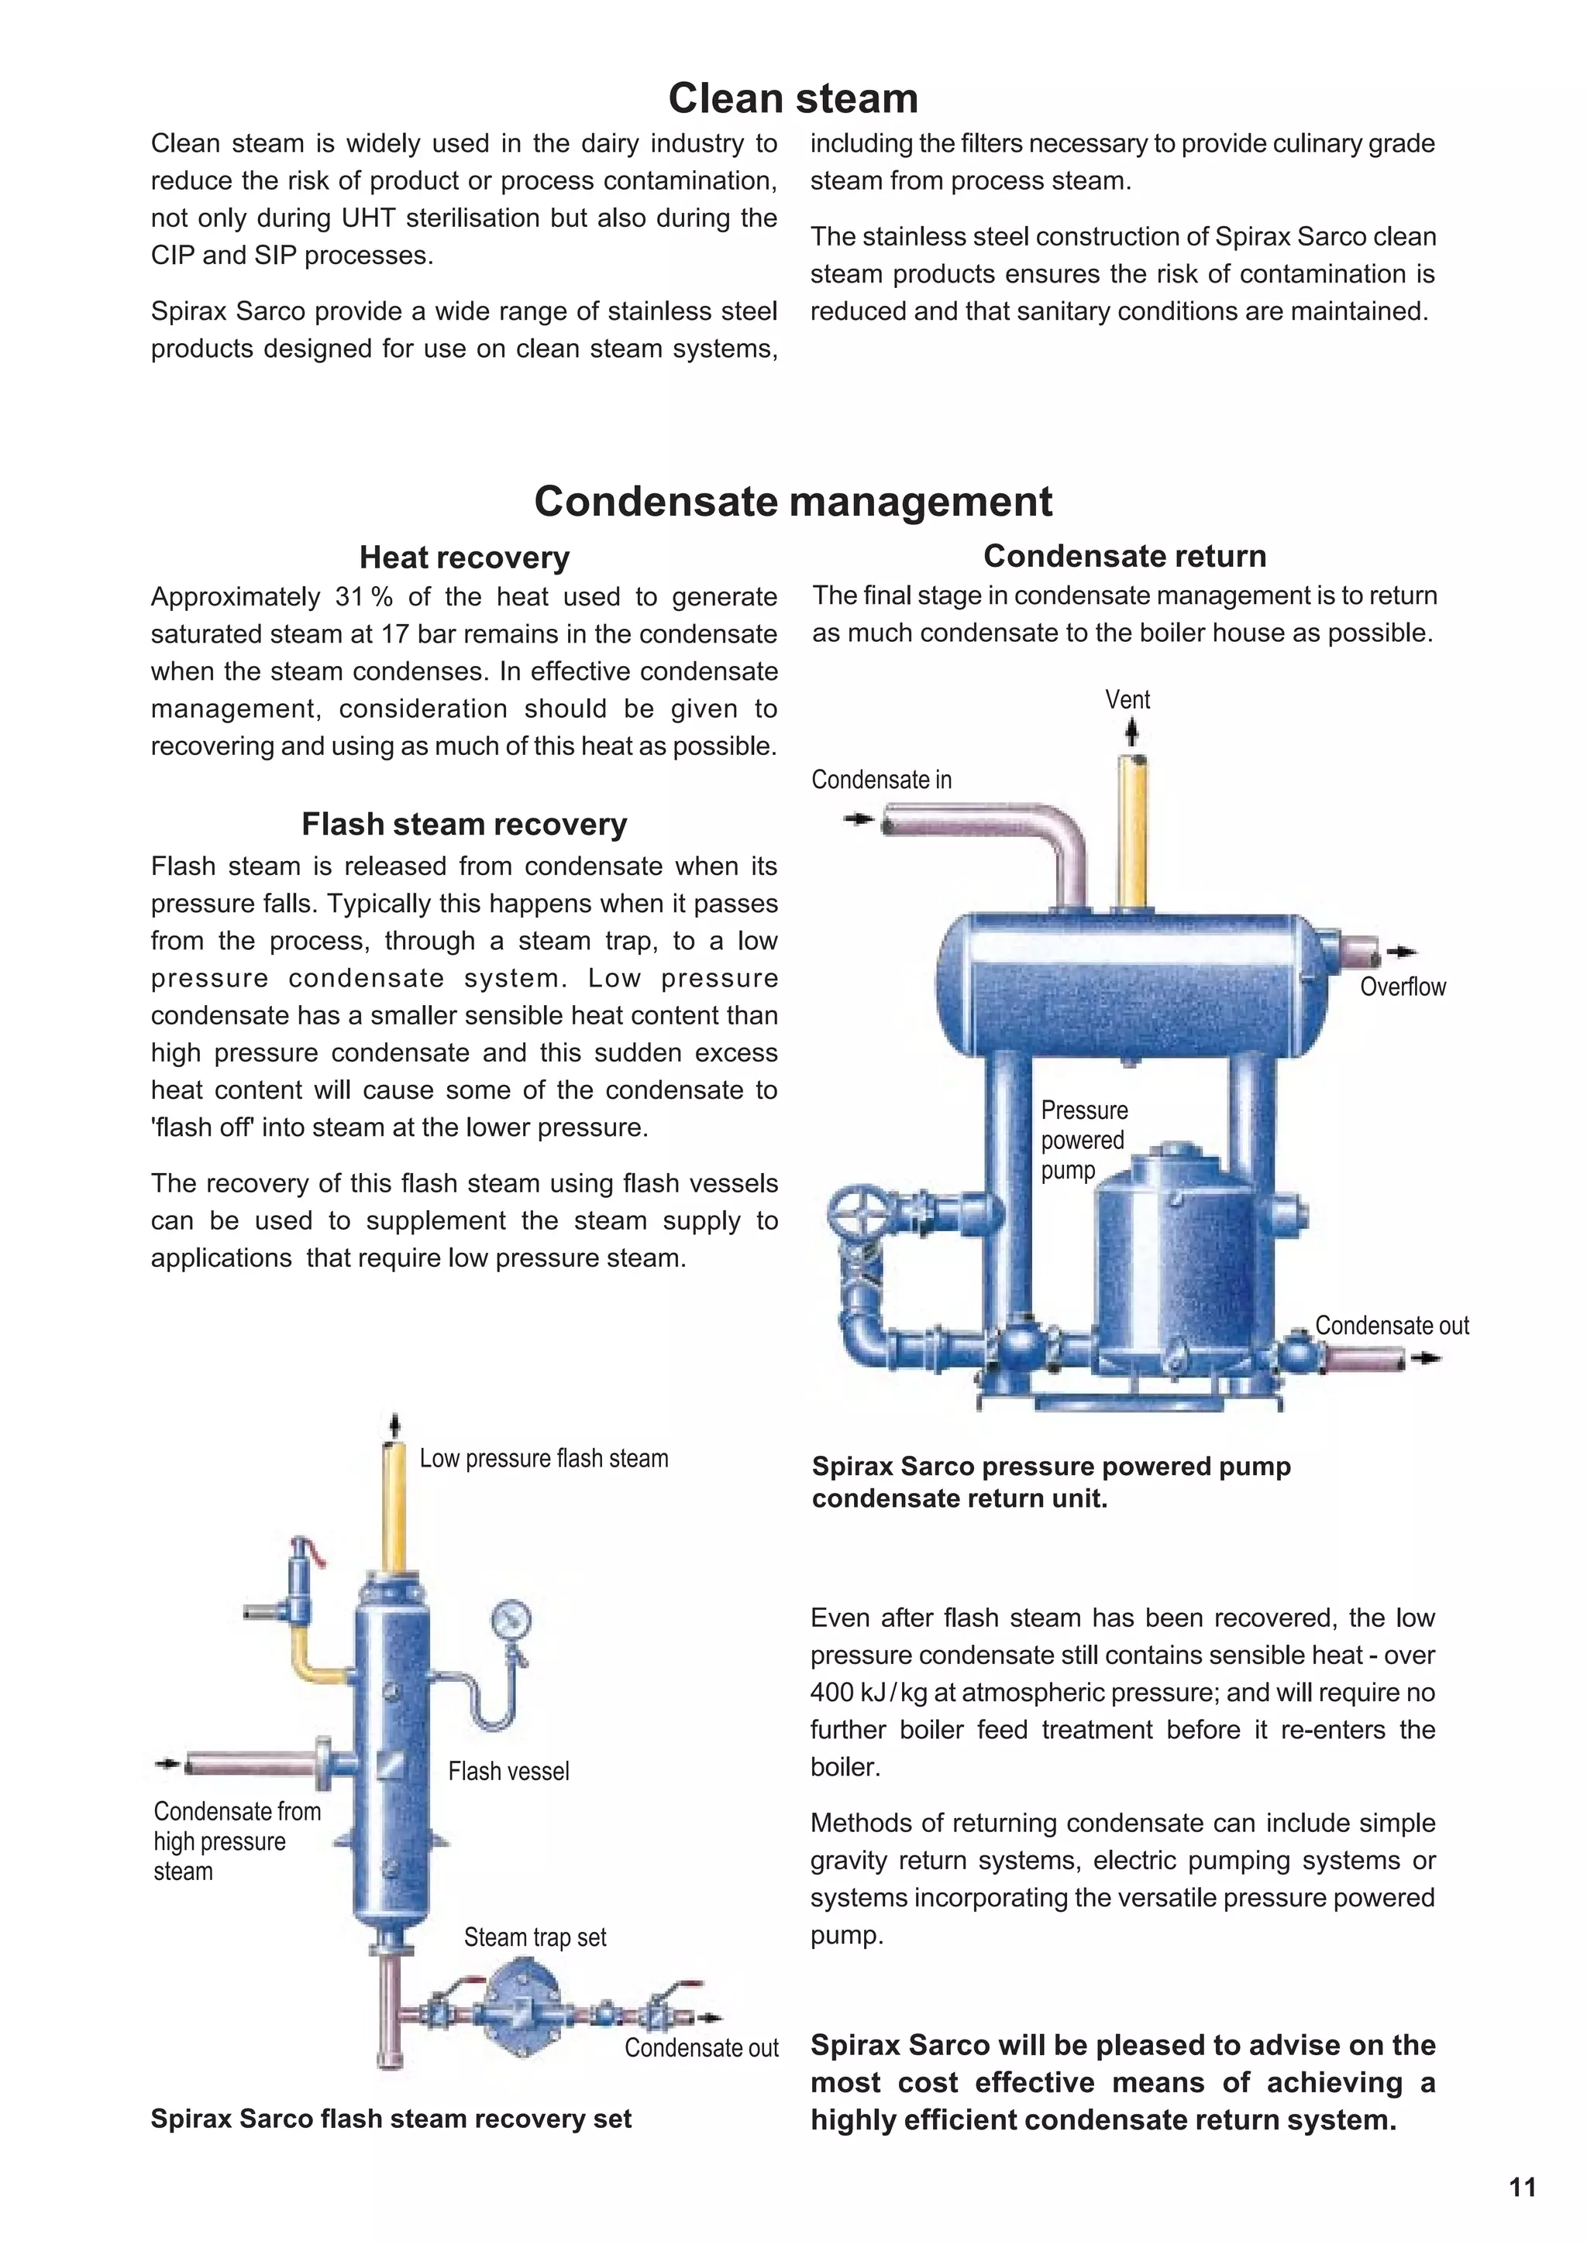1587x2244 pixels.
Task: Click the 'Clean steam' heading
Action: pyautogui.click(x=793, y=98)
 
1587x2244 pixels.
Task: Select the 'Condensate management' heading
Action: pyautogui.click(x=793, y=502)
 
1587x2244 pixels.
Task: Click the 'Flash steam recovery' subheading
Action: pyautogui.click(x=463, y=824)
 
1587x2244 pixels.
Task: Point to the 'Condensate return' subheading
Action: pyautogui.click(x=1124, y=556)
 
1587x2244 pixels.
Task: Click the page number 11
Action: pyautogui.click(x=1523, y=2187)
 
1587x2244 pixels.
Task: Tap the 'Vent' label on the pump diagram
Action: pyautogui.click(x=1127, y=700)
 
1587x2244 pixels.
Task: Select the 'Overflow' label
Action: pyautogui.click(x=1403, y=986)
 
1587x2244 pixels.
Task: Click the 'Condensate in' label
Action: pyautogui.click(x=881, y=780)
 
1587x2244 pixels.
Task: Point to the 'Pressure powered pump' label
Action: pyautogui.click(x=1083, y=1140)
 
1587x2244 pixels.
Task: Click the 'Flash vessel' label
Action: pyautogui.click(x=508, y=1770)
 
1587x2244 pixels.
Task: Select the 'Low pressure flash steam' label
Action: pyautogui.click(x=544, y=1458)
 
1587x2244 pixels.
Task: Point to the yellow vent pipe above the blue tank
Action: pyautogui.click(x=1133, y=830)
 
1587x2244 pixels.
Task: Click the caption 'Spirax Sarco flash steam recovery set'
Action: pyautogui.click(x=391, y=2118)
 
